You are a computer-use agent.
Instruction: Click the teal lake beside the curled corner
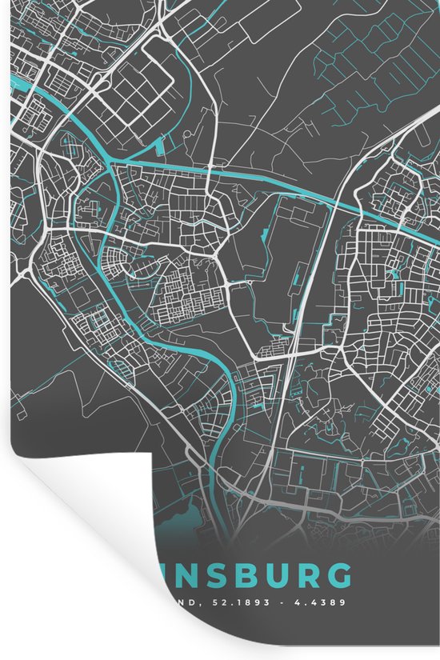click(x=188, y=512)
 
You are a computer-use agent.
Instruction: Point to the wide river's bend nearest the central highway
click(x=232, y=392)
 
